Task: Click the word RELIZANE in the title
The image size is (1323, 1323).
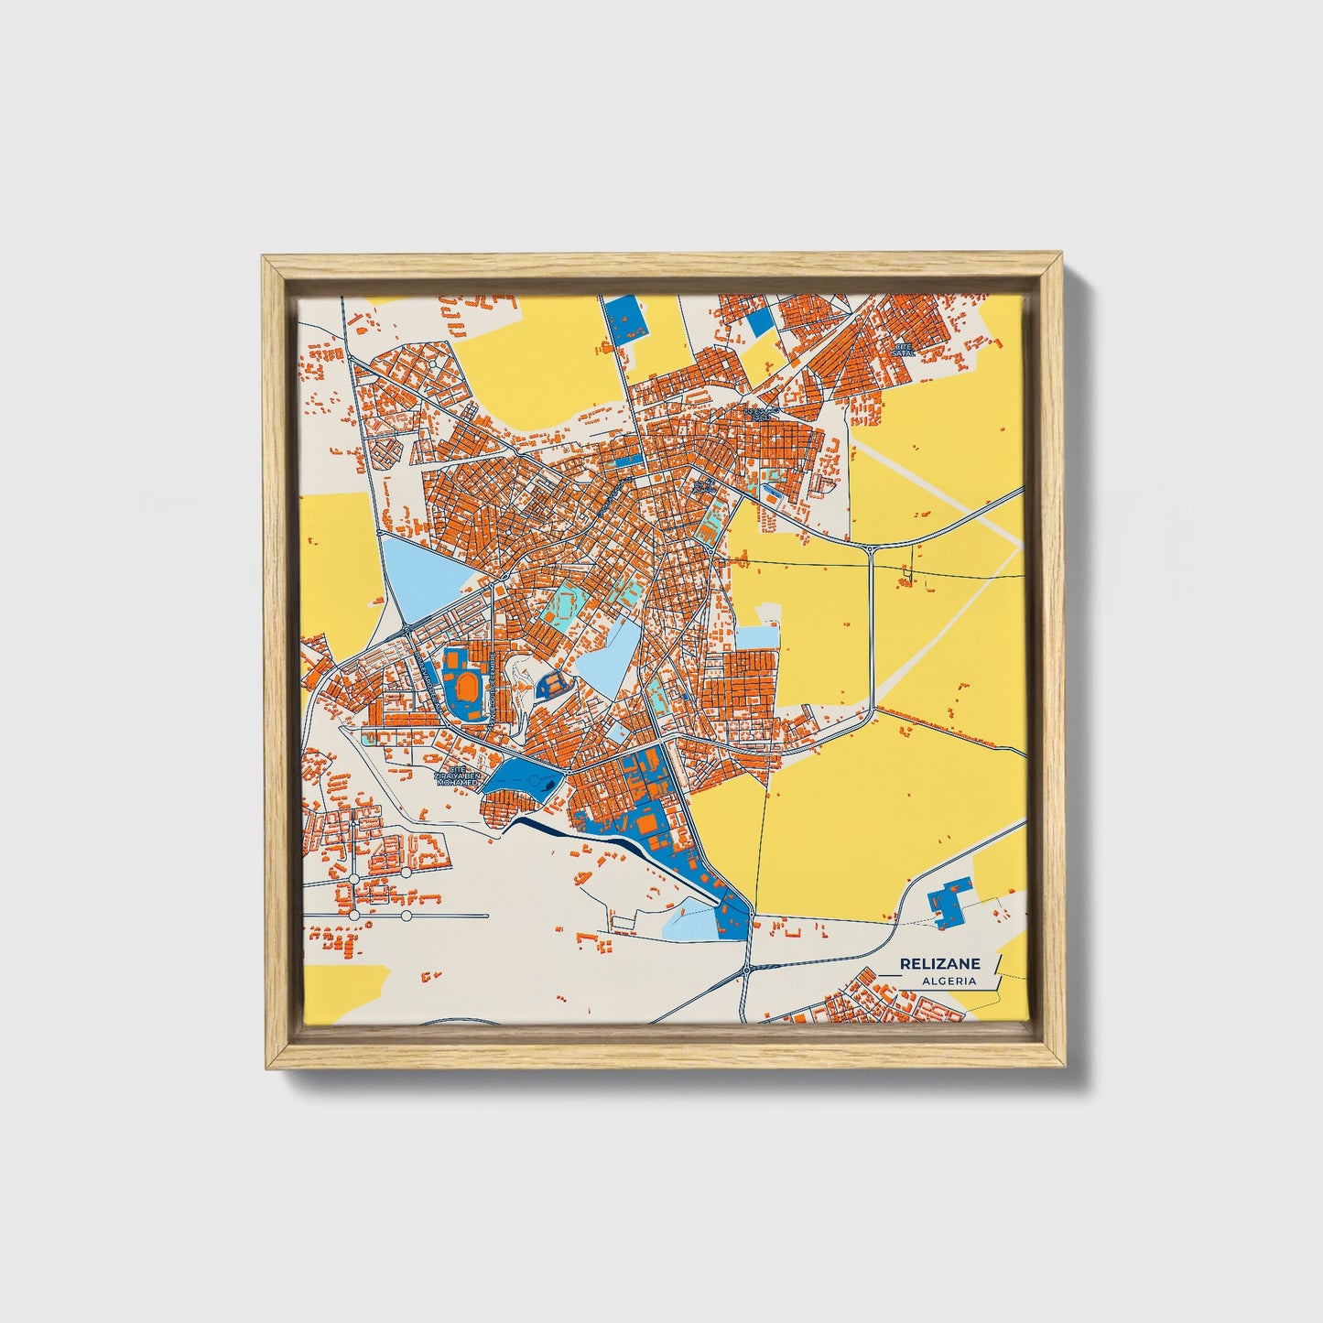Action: coord(939,963)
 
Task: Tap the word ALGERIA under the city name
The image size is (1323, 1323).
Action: coord(949,981)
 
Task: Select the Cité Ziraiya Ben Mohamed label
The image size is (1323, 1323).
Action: coord(457,776)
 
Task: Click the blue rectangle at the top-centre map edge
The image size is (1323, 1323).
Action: coord(626,320)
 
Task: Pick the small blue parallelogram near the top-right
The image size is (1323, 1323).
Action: coord(760,324)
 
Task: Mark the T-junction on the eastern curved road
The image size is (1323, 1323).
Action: coord(871,548)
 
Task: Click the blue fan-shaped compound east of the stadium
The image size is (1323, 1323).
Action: coord(553,683)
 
